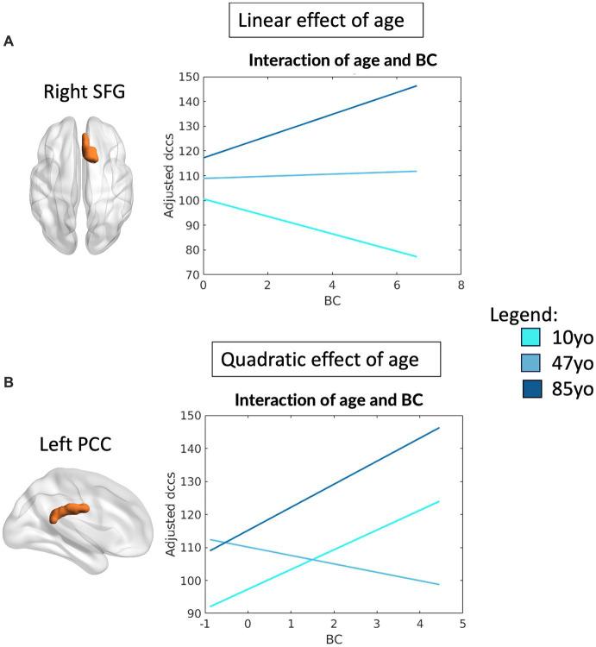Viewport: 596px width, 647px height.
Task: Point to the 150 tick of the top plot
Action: coord(190,77)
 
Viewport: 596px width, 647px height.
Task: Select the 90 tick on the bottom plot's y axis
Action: coord(190,613)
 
